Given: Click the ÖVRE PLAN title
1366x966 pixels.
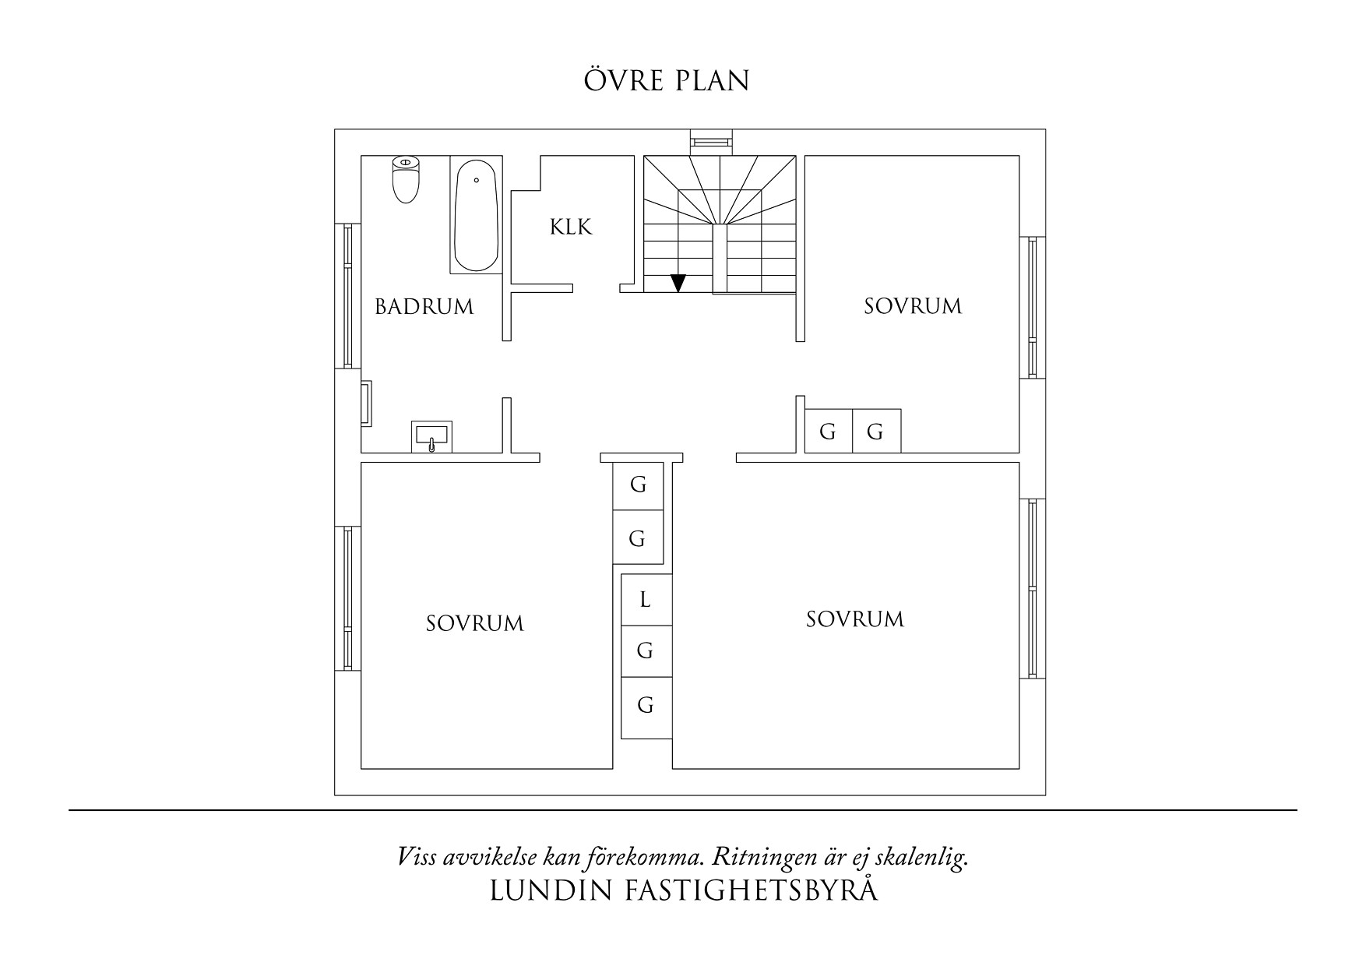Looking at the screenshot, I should click(x=667, y=81).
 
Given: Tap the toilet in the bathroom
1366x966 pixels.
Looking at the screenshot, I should click(x=405, y=178).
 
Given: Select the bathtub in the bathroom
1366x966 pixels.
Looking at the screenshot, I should click(x=475, y=215).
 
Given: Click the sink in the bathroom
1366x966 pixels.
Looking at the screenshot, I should click(x=431, y=436).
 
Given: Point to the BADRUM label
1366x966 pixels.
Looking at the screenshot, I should click(x=424, y=307).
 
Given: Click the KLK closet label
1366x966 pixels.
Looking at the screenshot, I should click(x=571, y=227).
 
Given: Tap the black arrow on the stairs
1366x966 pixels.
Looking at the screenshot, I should click(x=678, y=283).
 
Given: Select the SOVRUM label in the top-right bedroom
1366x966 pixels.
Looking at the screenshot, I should click(x=913, y=306).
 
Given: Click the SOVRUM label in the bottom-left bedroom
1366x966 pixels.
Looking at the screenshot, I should click(x=475, y=624).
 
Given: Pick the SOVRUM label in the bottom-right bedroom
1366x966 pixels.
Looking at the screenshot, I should click(x=855, y=620).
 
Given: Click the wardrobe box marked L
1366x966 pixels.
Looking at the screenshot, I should click(x=646, y=600).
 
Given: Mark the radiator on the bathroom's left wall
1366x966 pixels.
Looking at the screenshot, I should click(x=366, y=403).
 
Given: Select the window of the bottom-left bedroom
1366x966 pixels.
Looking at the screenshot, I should click(x=347, y=598).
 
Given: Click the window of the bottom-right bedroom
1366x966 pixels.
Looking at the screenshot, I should click(x=1033, y=588).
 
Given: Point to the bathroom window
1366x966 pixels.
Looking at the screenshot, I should click(x=347, y=295).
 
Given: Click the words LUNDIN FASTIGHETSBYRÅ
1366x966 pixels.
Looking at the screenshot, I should click(x=684, y=891).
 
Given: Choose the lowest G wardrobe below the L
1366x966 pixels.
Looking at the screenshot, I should click(x=646, y=706).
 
